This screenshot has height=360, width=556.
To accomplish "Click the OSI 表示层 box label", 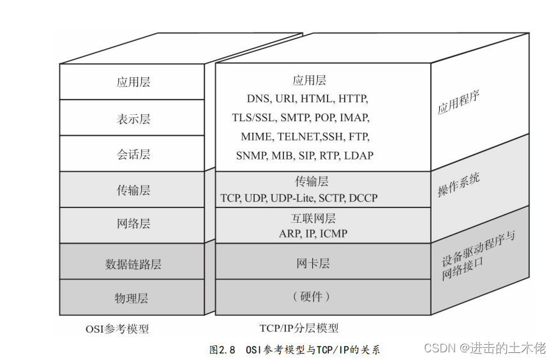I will pyautogui.click(x=133, y=119).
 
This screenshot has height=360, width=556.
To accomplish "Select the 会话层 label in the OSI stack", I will pyautogui.click(x=133, y=154).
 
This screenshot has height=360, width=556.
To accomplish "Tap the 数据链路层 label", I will pyautogui.click(x=133, y=263).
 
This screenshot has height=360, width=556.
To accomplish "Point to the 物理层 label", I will pyautogui.click(x=133, y=298).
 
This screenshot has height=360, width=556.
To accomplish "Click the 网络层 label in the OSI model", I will pyautogui.click(x=133, y=224).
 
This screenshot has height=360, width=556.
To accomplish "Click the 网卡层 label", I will pyautogui.click(x=313, y=263).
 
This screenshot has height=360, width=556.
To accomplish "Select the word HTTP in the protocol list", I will pyautogui.click(x=353, y=100).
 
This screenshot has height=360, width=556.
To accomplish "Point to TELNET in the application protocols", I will pyautogui.click(x=301, y=137).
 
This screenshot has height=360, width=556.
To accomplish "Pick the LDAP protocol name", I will pyautogui.click(x=359, y=155).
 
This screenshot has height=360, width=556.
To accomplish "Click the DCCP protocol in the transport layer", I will pyautogui.click(x=363, y=198).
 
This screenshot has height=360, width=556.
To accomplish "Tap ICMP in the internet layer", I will pyautogui.click(x=334, y=234).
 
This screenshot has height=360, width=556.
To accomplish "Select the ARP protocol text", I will pyautogui.click(x=289, y=234).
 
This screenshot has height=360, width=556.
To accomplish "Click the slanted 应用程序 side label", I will pyautogui.click(x=458, y=102).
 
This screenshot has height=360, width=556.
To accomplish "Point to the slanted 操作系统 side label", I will pyautogui.click(x=458, y=184).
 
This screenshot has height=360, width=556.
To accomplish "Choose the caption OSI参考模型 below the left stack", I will pyautogui.click(x=117, y=329).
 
